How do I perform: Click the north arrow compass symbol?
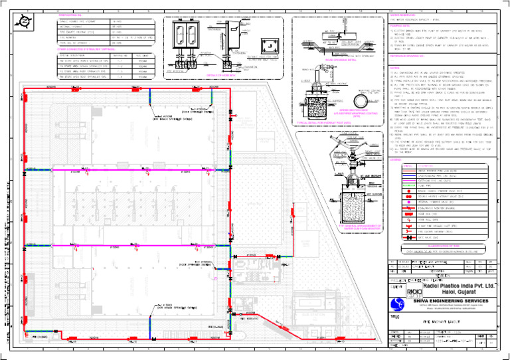[24, 24]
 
